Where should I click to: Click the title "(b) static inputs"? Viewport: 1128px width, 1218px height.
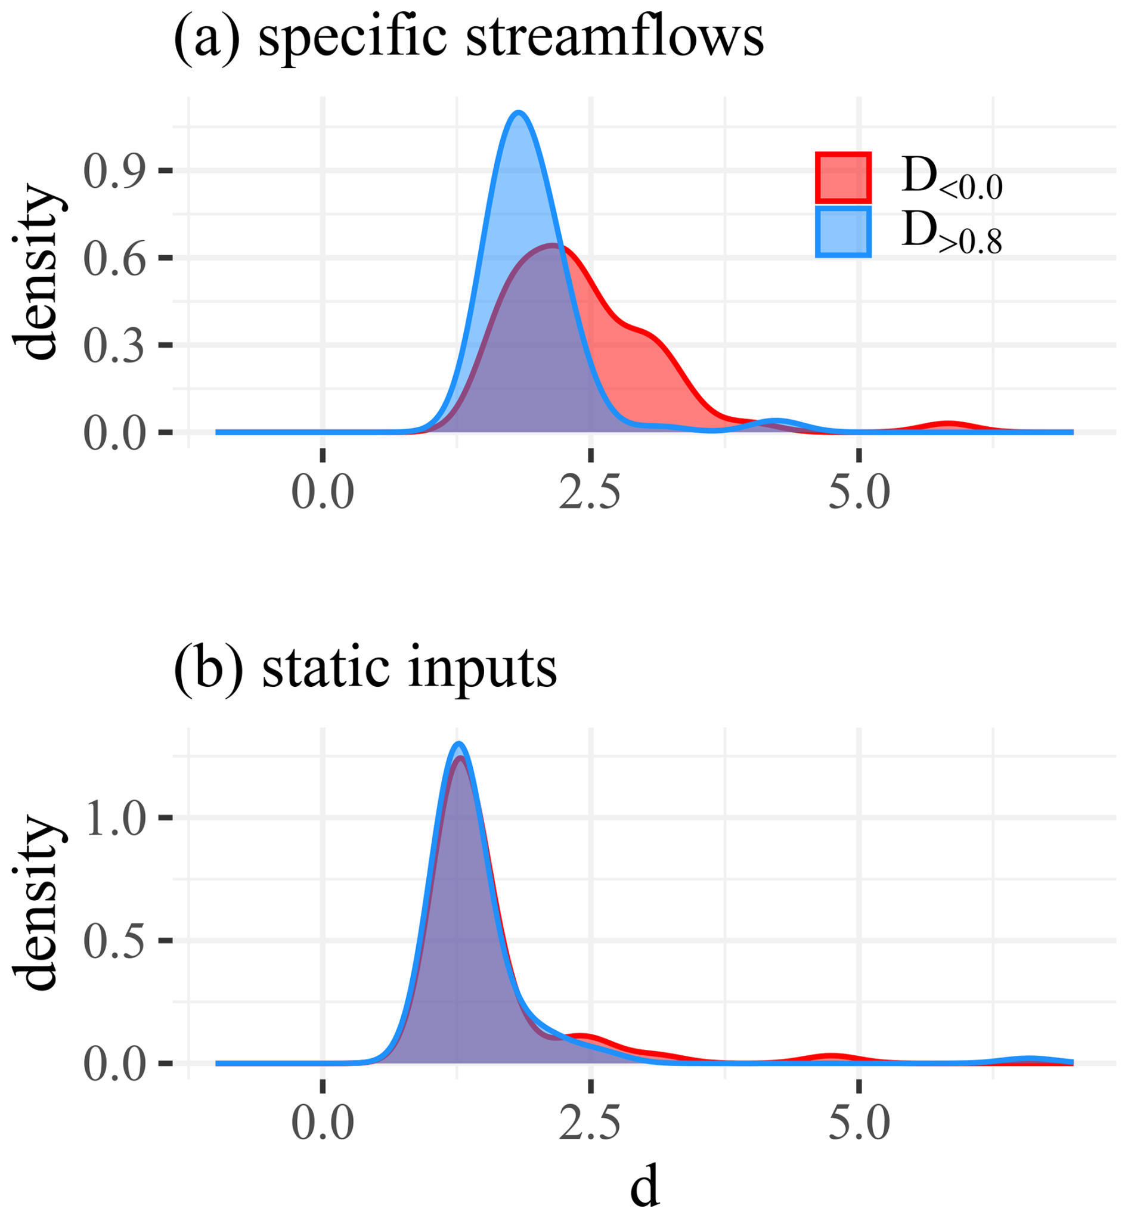coord(365,668)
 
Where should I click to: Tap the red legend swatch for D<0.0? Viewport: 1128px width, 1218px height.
coord(843,177)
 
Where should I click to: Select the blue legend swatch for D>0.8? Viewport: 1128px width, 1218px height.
coord(843,231)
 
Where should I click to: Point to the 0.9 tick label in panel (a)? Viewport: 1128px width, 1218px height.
coord(114,171)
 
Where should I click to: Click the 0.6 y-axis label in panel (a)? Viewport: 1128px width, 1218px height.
coord(114,258)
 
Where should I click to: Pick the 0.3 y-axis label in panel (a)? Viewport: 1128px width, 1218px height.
coord(114,345)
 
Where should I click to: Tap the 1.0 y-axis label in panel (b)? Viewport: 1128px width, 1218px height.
coord(114,817)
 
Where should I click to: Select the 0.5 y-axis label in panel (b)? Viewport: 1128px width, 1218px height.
coord(114,940)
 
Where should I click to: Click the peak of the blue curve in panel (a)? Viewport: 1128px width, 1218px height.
coord(519,112)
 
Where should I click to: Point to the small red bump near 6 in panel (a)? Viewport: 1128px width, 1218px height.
coord(947,423)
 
